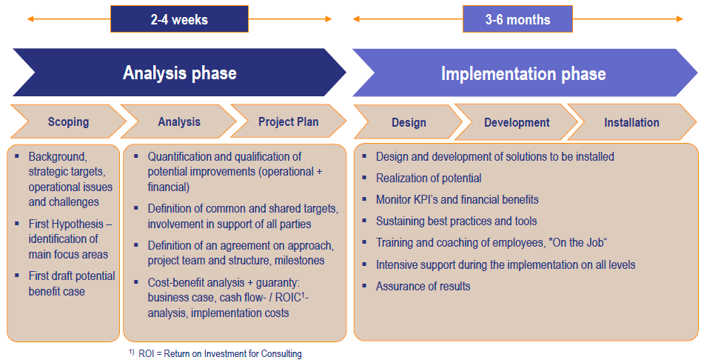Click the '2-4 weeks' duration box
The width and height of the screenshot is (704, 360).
[179, 19]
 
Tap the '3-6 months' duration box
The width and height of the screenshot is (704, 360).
[517, 19]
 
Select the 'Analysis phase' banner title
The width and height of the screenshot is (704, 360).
[180, 73]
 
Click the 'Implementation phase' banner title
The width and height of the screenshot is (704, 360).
[523, 74]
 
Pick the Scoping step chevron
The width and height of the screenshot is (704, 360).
[68, 121]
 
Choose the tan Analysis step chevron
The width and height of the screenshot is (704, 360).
[178, 121]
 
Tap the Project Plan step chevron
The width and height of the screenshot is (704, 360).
[288, 121]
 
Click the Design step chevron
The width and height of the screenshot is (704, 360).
[409, 122]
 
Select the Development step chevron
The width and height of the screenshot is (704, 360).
[516, 122]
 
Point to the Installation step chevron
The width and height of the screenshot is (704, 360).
[631, 122]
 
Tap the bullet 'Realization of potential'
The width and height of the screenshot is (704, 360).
[429, 179]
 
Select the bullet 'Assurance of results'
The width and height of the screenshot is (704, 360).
[423, 286]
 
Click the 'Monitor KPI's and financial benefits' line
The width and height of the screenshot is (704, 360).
[457, 199]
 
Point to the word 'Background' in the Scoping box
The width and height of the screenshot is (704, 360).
[58, 157]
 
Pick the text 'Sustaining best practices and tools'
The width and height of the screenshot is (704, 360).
[456, 221]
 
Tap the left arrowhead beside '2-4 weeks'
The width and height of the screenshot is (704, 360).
[30, 19]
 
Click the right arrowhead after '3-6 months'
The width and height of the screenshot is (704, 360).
[680, 19]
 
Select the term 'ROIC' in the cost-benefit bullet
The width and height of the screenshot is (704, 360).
[288, 298]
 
